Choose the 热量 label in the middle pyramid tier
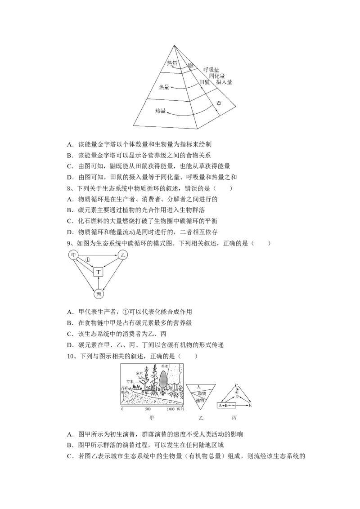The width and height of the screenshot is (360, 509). tap(166, 87)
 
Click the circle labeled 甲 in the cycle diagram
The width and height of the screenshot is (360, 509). tap(73, 255)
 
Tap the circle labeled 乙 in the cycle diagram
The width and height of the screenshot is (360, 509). tap(122, 255)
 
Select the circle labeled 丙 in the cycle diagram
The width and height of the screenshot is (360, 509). tap(99, 294)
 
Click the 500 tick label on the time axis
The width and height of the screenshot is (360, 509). tap(148, 410)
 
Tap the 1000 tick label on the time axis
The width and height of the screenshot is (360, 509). tap(171, 410)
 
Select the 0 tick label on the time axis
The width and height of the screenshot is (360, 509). tap(122, 410)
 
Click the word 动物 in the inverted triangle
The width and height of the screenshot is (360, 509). tap(201, 393)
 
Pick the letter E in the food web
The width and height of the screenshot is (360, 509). tap(250, 406)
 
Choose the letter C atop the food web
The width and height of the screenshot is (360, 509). tap(237, 386)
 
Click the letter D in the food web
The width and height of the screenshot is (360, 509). tap(237, 397)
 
